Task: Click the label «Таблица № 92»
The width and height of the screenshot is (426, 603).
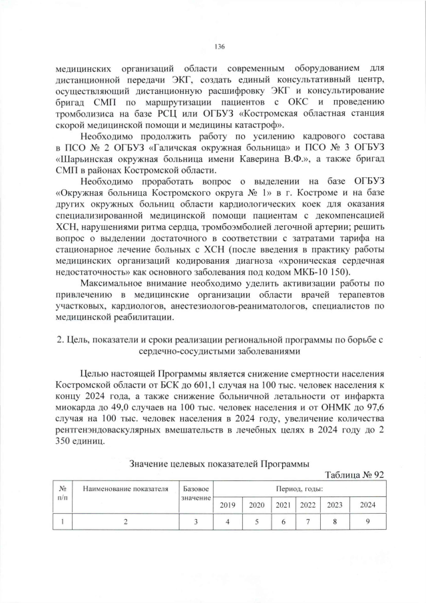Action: pos(354,474)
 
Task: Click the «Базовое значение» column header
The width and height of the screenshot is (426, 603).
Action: pos(196,494)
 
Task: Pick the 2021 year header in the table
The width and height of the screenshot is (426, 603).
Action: pos(284,505)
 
